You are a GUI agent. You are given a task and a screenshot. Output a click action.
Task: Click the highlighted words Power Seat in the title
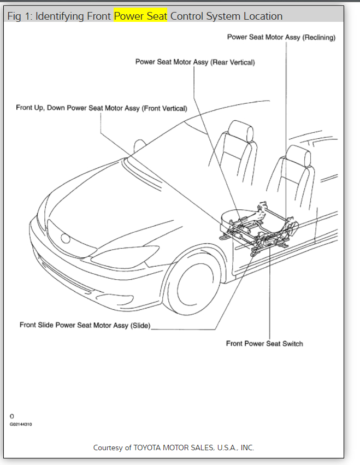[140, 16]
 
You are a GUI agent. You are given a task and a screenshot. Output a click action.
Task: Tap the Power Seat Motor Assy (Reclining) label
[281, 38]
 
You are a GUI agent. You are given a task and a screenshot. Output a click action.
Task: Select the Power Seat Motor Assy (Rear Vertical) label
[194, 62]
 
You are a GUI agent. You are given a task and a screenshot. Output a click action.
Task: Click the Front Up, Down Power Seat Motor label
[102, 108]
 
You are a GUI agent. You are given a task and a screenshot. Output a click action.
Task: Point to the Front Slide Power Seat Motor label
[85, 325]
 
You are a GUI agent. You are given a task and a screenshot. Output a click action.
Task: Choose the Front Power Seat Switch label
[264, 344]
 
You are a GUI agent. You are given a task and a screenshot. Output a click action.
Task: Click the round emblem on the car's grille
[66, 238]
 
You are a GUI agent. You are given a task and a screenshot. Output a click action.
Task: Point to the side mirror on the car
[140, 146]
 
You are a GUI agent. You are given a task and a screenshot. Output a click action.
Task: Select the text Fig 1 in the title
[17, 16]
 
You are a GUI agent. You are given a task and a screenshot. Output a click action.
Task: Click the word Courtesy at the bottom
[108, 448]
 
